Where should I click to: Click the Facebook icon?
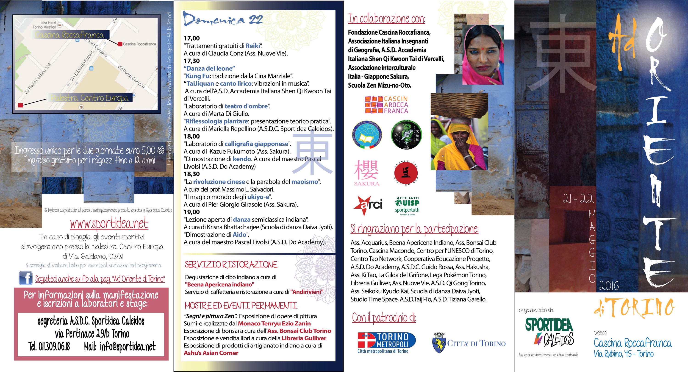pyautogui.click(x=25, y=278)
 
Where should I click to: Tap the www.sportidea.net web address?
pyautogui.click(x=109, y=224)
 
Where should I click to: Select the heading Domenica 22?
pyautogui.click(x=223, y=19)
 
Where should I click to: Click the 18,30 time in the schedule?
pyautogui.click(x=191, y=174)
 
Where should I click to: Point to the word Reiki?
pyautogui.click(x=253, y=46)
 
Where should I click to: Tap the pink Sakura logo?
pyautogui.click(x=366, y=172)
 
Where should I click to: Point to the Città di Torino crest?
pyautogui.click(x=438, y=343)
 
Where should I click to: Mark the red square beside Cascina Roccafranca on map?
pyautogui.click(x=120, y=44)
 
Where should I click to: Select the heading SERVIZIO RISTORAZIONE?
pyautogui.click(x=231, y=265)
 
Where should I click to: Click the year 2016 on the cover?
pyautogui.click(x=609, y=286)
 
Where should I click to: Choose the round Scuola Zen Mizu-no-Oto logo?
pyautogui.click(x=406, y=173)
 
